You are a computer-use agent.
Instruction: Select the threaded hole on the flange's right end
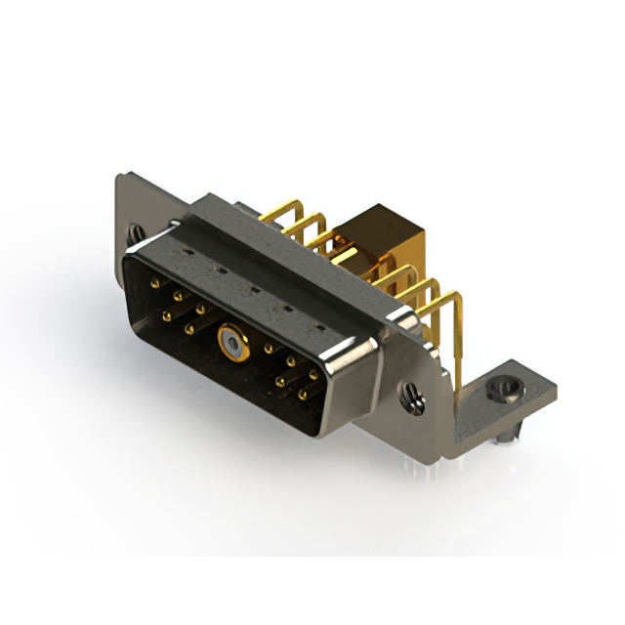click(x=412, y=395)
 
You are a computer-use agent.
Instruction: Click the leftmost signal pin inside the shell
click(x=155, y=283)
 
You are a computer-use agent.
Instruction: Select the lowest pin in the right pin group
click(x=304, y=395)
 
